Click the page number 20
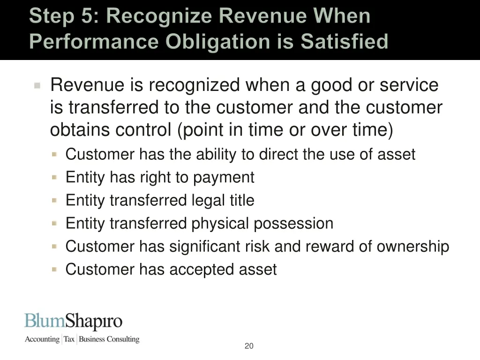(x=249, y=346)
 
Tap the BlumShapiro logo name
(x=74, y=322)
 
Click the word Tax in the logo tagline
(x=69, y=339)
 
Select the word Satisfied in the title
(x=345, y=41)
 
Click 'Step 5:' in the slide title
(x=65, y=16)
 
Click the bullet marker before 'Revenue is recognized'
(x=38, y=86)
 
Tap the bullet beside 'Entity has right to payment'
(x=55, y=177)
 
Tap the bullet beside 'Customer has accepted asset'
(x=55, y=269)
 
